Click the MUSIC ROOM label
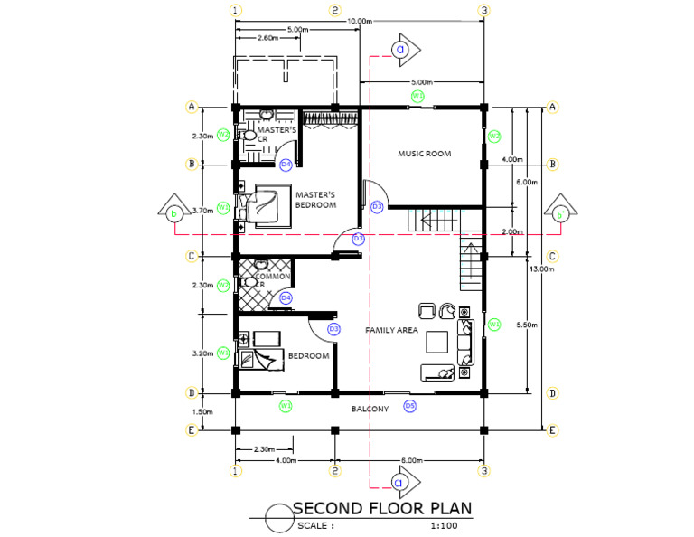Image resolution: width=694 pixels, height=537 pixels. coord(424,154)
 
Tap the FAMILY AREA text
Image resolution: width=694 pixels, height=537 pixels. coord(391,331)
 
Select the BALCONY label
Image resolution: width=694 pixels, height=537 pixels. coord(370,410)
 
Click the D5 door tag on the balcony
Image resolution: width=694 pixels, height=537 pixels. coord(409,406)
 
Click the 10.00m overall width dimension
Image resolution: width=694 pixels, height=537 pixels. coord(360,21)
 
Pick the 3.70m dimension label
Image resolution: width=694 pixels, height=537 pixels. coord(202,210)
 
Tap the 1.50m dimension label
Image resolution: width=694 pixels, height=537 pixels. coord(202,412)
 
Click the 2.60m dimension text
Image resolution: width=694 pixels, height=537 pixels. coord(267,39)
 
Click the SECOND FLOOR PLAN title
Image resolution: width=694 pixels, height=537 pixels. coord(382,508)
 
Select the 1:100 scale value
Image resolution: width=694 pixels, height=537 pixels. coord(444,525)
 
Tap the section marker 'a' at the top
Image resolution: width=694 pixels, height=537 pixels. coord(400,51)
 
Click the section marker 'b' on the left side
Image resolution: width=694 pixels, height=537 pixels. coord(173,213)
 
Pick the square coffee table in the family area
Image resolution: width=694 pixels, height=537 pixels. coord(437,342)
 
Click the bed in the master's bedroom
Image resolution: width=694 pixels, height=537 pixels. coord(270,206)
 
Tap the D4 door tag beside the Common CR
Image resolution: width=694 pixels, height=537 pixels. coord(286,297)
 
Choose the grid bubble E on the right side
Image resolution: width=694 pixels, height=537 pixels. coord(552,430)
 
